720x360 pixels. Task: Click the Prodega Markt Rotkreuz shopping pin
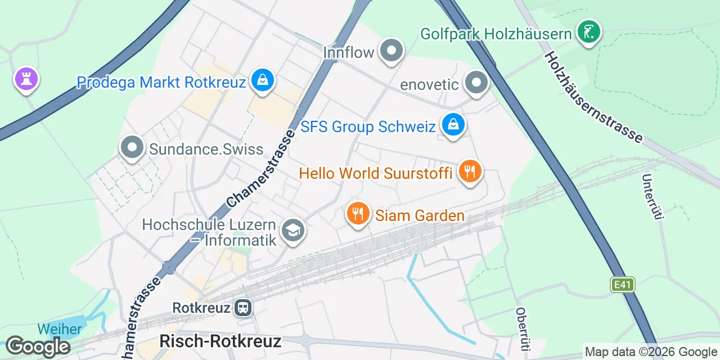tap(262, 80)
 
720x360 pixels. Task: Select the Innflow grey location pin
tap(391, 51)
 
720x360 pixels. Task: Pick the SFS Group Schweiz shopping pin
tap(452, 125)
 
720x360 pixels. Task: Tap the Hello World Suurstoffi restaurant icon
tap(469, 171)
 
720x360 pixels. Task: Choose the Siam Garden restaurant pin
tap(357, 214)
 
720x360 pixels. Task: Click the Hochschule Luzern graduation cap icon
tap(292, 231)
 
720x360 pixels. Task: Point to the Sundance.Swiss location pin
tap(133, 148)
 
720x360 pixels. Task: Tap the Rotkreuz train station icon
tap(244, 308)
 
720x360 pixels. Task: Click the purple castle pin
tap(26, 79)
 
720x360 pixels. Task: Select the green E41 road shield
tap(623, 285)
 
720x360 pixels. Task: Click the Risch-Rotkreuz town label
tap(220, 341)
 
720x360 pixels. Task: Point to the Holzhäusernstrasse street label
tap(594, 96)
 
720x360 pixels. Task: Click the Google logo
tap(38, 346)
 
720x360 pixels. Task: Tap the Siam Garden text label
tap(420, 215)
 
